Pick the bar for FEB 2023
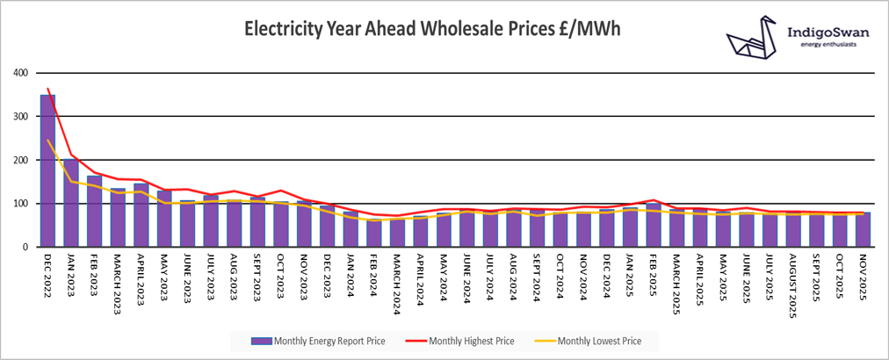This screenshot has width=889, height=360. [95, 212]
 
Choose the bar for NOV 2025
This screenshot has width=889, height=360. [864, 230]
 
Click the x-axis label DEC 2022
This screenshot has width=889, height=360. [47, 273]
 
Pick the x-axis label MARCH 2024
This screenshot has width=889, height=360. [397, 278]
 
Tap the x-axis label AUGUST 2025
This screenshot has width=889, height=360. [793, 280]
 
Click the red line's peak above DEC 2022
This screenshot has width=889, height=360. [47, 89]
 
